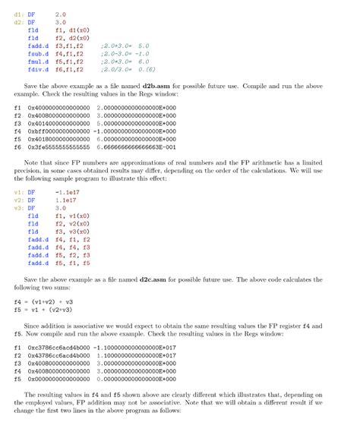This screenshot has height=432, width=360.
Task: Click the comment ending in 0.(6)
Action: [127, 69]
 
